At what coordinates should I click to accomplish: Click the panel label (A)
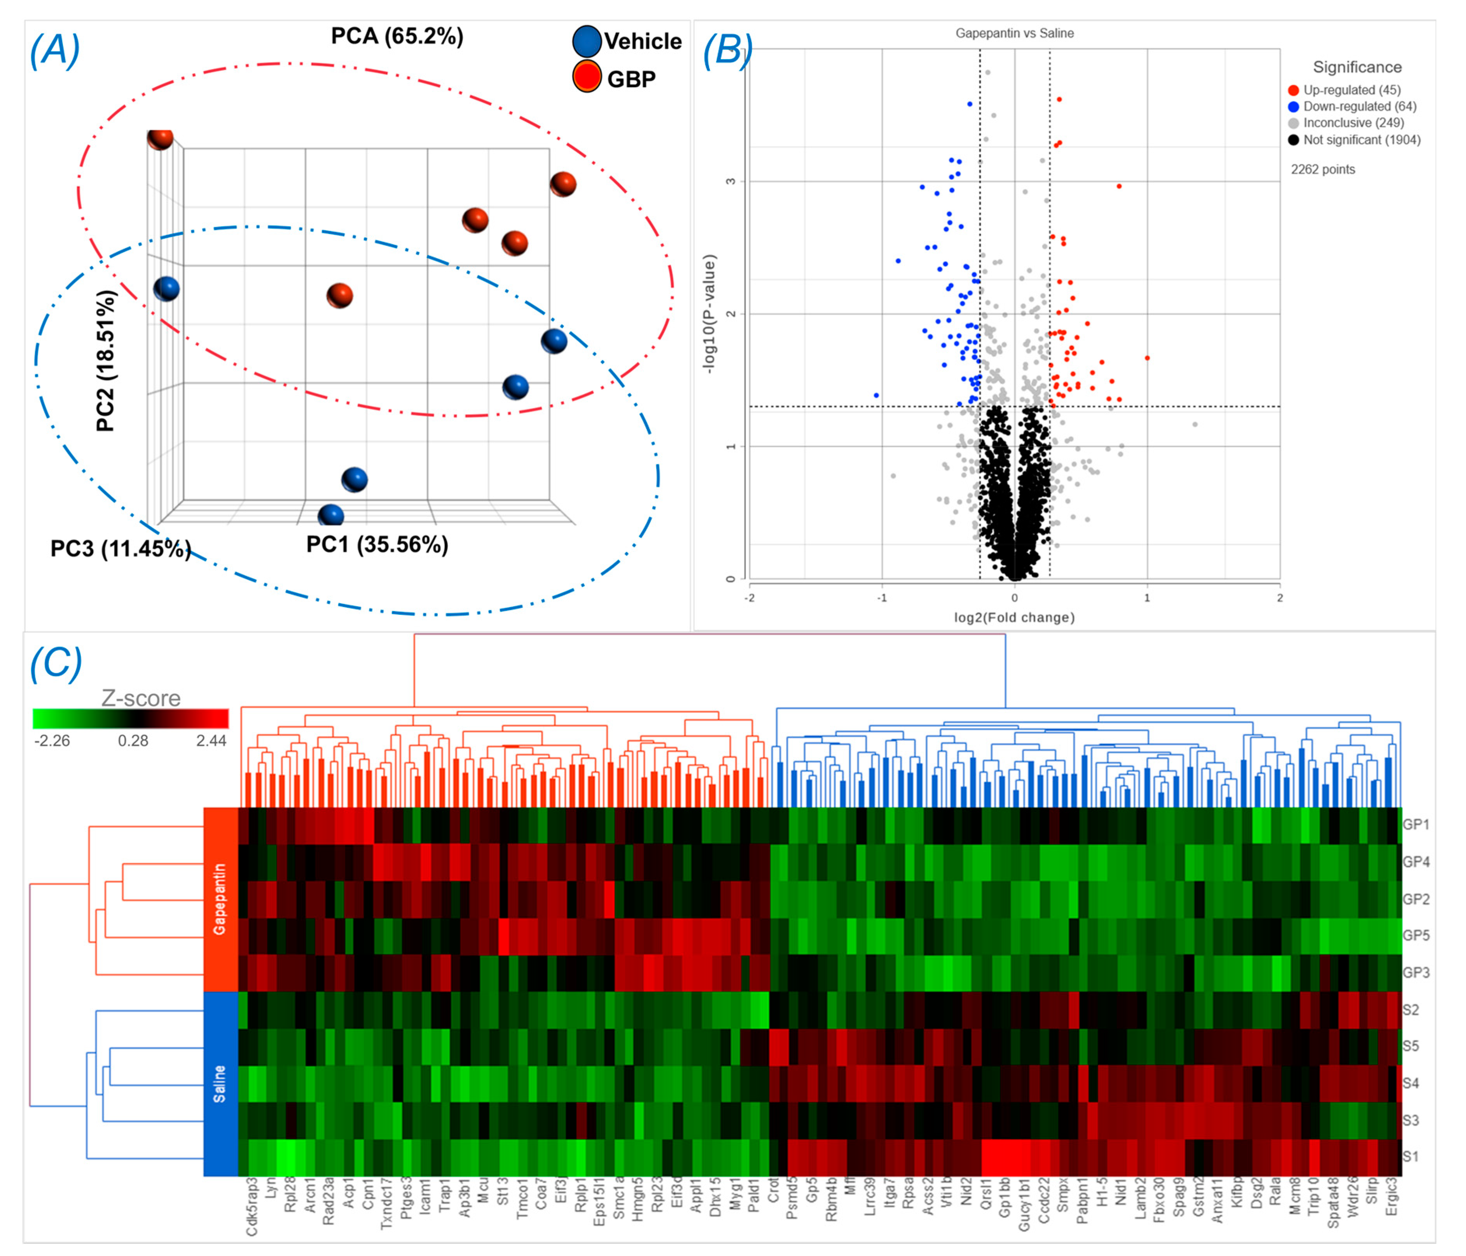tap(54, 51)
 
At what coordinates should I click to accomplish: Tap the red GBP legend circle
tap(587, 77)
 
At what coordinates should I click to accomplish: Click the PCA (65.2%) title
tap(397, 36)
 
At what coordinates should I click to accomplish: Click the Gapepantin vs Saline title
tap(1014, 33)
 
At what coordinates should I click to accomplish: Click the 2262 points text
tap(1323, 169)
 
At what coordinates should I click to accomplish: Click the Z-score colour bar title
tap(141, 698)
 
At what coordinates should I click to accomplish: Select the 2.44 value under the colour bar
tap(211, 741)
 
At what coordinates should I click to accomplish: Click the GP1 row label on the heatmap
tap(1416, 824)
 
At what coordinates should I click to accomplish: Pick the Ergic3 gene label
tap(1391, 1196)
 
